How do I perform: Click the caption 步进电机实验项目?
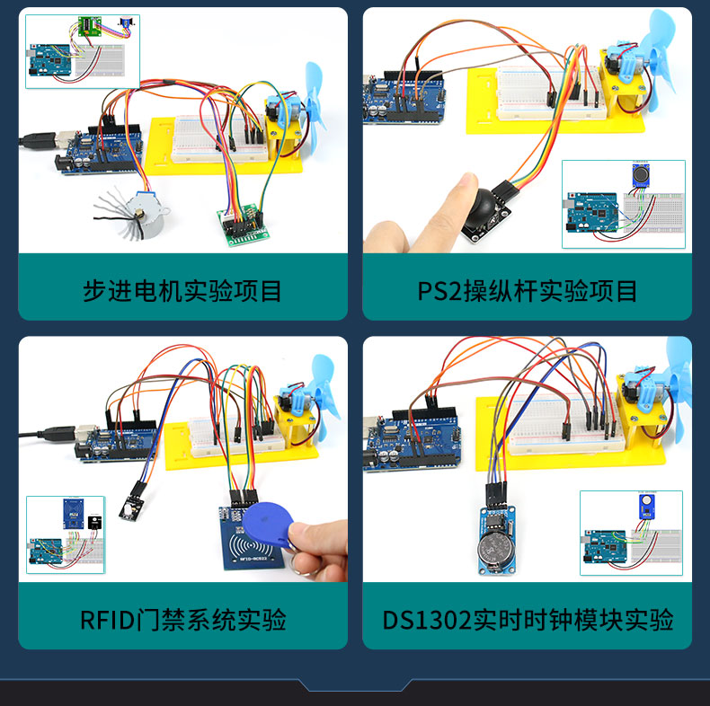click(x=182, y=290)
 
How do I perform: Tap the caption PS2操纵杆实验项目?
click(x=528, y=290)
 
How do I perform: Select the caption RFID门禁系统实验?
click(x=182, y=619)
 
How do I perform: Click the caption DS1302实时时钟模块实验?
click(x=528, y=619)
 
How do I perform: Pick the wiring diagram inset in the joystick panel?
click(x=623, y=204)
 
